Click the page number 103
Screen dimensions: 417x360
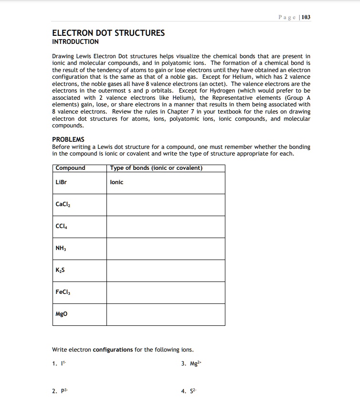(306, 17)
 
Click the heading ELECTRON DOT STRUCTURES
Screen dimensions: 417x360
(108, 33)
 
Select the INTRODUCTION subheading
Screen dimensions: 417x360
(75, 42)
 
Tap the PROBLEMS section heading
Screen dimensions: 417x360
(68, 139)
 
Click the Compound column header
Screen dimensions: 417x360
(70, 168)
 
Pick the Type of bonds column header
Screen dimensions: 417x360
(156, 168)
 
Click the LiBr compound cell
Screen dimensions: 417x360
(61, 182)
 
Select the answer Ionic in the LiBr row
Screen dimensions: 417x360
(116, 182)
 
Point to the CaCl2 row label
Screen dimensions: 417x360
(64, 204)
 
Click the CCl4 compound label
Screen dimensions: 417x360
(62, 226)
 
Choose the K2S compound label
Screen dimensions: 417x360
(61, 270)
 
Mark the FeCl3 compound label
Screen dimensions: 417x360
(63, 292)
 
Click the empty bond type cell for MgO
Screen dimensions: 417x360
(165, 314)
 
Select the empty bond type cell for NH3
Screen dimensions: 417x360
(165, 249)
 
